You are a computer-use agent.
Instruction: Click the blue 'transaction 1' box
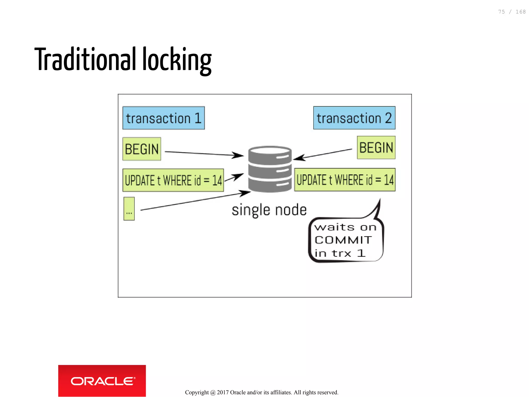coord(164,118)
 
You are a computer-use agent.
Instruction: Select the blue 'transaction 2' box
coord(354,118)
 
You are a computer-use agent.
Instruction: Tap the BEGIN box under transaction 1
coord(142,149)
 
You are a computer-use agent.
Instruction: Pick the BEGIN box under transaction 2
coord(376,148)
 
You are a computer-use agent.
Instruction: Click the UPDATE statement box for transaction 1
coord(173,180)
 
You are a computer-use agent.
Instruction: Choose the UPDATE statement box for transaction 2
coord(345,180)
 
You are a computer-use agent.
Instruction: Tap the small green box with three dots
coord(129,209)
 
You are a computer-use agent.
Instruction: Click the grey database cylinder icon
coord(270,169)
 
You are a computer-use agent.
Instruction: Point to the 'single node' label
coord(269,210)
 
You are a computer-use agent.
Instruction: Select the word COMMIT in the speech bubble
coord(343,240)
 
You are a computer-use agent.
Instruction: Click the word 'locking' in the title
coord(177,60)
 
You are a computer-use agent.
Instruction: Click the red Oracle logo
coord(102,381)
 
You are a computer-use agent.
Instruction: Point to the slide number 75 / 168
coord(512,12)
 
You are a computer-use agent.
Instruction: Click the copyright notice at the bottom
coord(262,392)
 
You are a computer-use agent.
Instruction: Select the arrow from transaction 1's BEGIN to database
coord(204,154)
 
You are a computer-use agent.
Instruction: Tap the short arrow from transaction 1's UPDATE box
coord(234,178)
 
